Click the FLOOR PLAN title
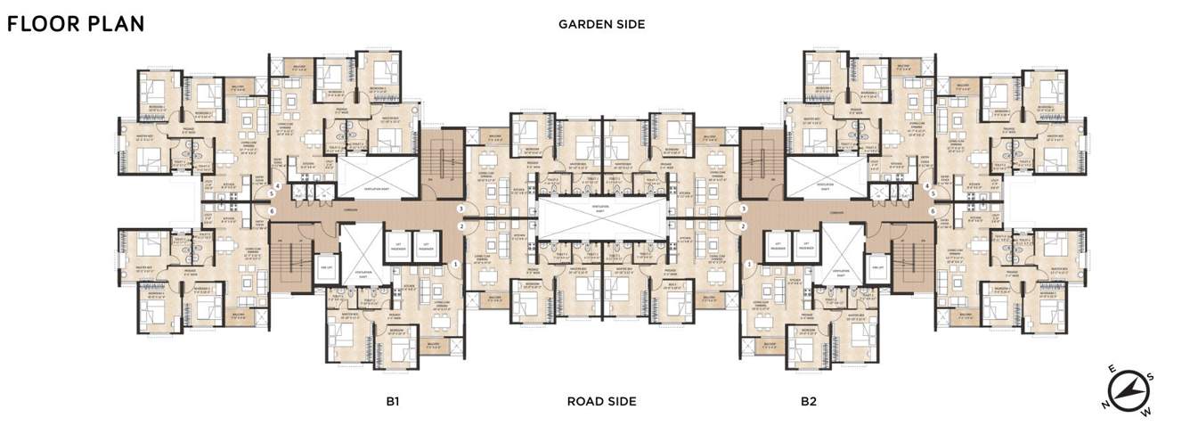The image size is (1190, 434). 76,24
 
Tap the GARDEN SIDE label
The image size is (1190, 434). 601,24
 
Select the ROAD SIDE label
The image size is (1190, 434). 601,401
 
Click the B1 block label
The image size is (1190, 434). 392,401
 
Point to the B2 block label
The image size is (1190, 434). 808,401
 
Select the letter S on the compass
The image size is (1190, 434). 1150,377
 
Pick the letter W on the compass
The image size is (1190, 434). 1147,411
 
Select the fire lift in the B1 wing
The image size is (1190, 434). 326,266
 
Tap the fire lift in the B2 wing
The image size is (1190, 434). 877,266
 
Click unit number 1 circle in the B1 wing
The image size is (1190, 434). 456,264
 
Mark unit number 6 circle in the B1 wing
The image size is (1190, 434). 272,211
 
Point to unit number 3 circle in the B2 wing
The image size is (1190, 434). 741,209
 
